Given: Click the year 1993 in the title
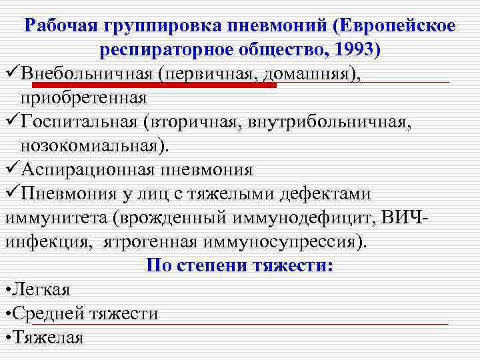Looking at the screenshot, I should (x=355, y=50).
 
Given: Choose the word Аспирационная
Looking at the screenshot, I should (x=87, y=169).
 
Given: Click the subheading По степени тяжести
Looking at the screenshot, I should (x=240, y=265).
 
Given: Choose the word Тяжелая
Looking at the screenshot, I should (x=48, y=337).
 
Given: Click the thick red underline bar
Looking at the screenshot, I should (x=153, y=85).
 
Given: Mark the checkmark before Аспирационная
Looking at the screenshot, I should (x=11, y=169).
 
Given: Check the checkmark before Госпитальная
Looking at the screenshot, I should (x=11, y=121).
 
